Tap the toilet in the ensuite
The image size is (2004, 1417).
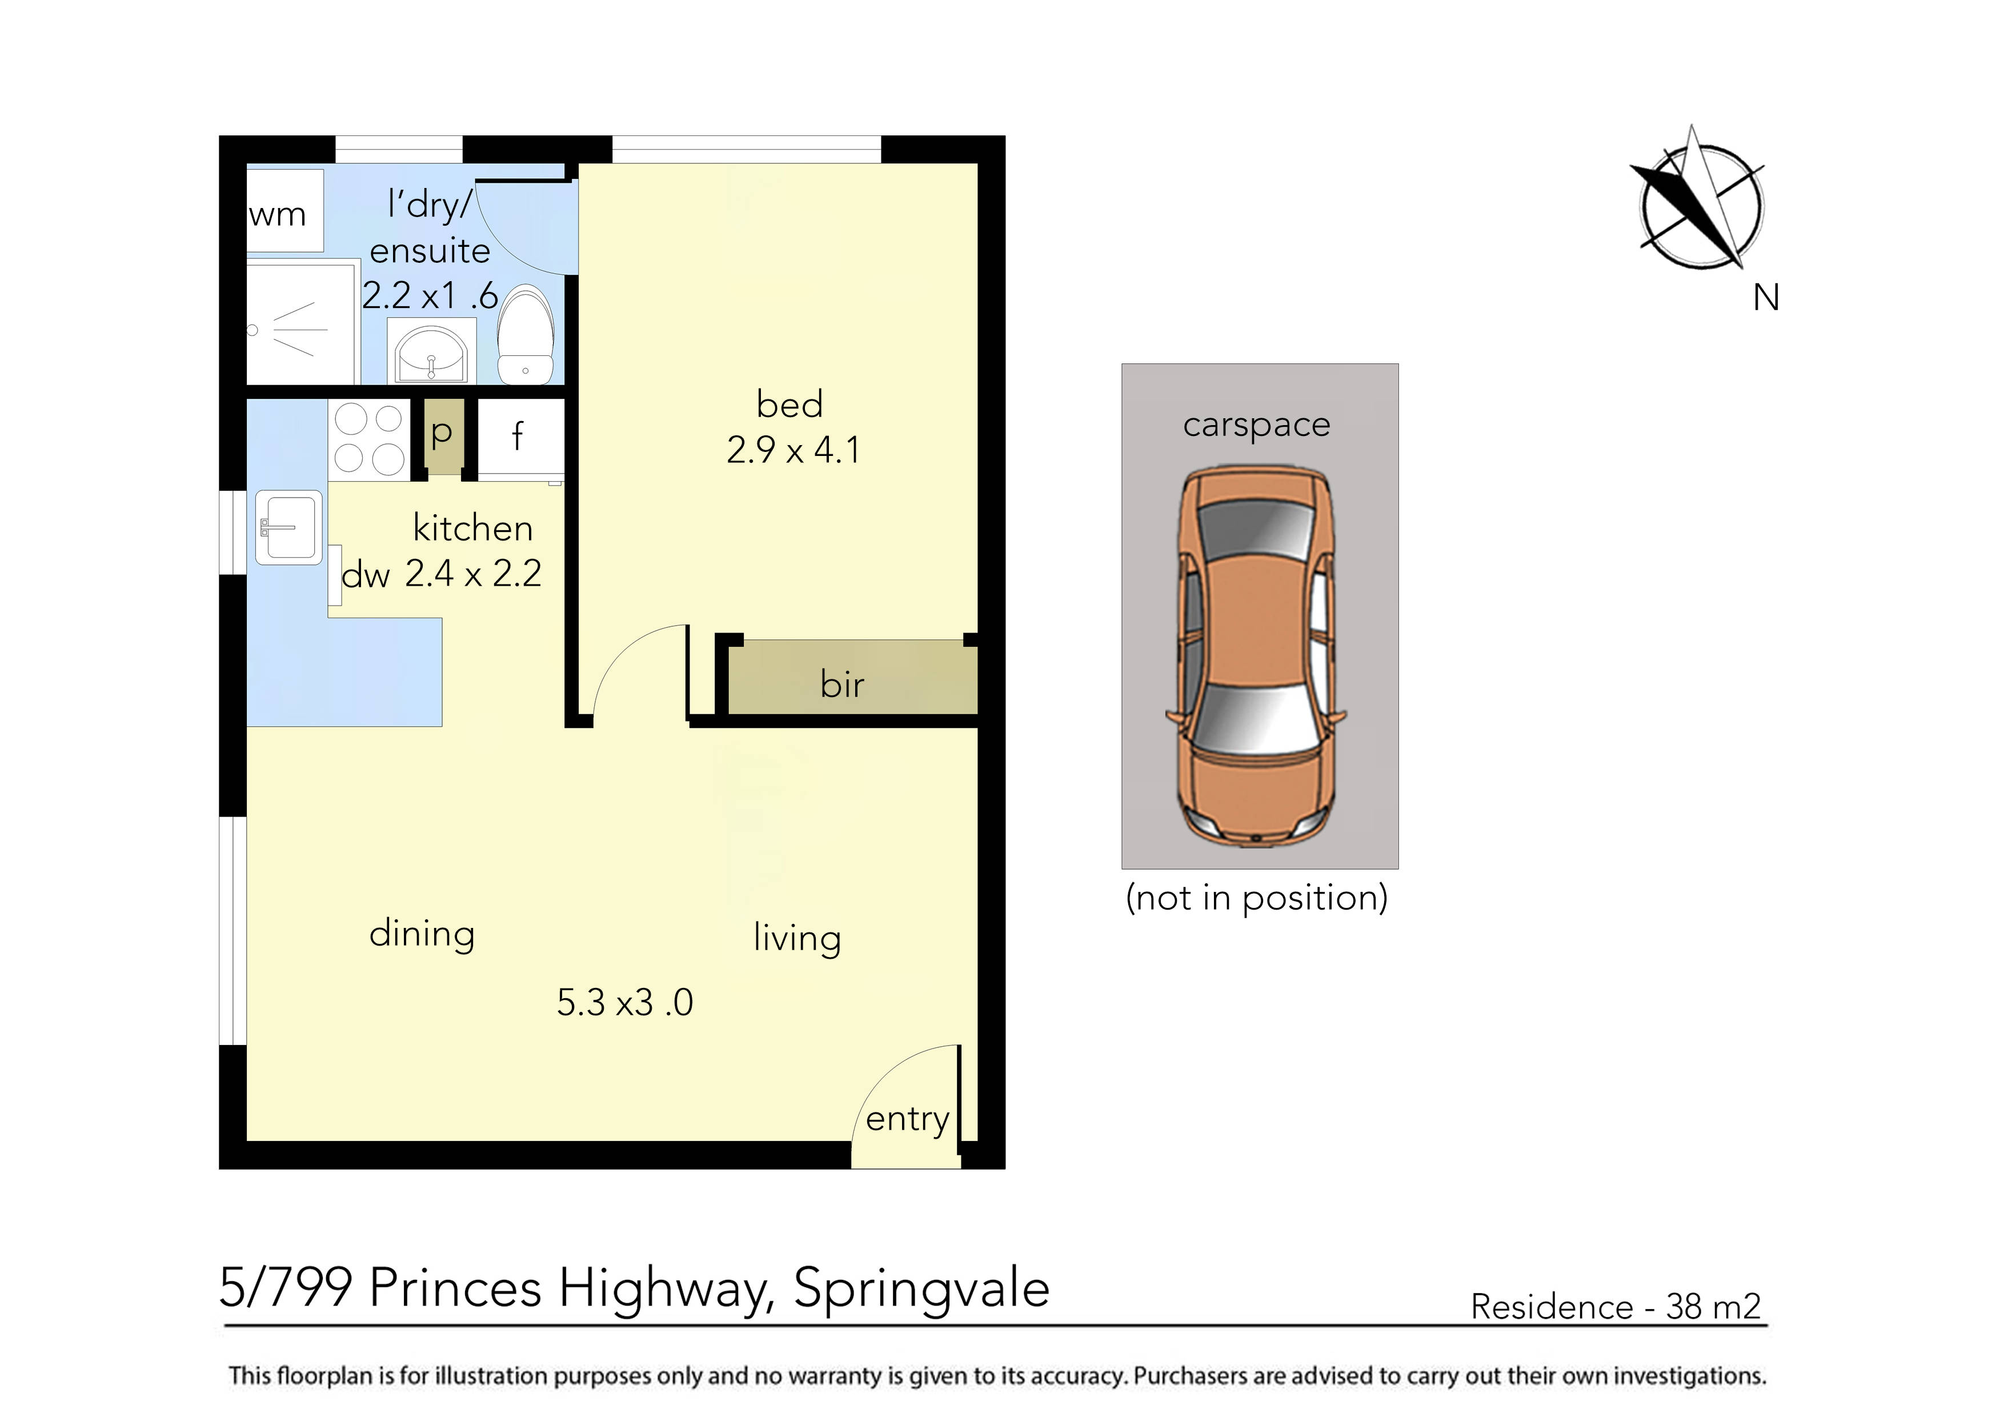tap(526, 336)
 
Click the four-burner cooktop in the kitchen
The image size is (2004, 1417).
tap(369, 439)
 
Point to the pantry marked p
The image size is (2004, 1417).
tap(443, 435)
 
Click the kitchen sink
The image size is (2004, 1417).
tap(289, 527)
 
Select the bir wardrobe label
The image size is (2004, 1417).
tap(841, 685)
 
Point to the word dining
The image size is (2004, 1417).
tap(422, 934)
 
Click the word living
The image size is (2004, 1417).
tap(797, 939)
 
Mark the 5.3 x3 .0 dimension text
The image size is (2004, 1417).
tap(625, 1002)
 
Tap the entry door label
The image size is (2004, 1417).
tap(907, 1119)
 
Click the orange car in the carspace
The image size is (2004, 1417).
tap(1256, 655)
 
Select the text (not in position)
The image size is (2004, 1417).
tap(1257, 898)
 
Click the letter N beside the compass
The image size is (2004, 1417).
tap(1766, 299)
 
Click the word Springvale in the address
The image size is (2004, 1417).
tap(921, 1288)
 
